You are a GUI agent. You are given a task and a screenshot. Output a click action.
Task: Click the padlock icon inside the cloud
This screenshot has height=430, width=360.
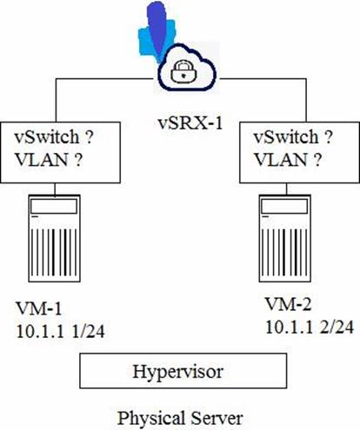(x=183, y=72)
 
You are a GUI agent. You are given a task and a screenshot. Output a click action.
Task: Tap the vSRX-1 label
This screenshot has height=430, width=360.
(x=190, y=123)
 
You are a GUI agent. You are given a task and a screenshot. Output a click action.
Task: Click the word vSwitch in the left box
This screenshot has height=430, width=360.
(x=47, y=136)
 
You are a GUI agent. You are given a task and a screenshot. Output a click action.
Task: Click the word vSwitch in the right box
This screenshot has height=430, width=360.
(x=286, y=136)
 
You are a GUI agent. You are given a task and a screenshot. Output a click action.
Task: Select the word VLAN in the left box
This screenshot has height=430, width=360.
(x=42, y=160)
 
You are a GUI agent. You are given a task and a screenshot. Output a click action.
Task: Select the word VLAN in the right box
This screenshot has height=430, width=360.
(x=281, y=160)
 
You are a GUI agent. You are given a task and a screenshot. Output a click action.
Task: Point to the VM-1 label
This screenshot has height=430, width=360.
(x=39, y=308)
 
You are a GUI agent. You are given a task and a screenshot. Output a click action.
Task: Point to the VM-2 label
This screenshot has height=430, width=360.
(x=289, y=305)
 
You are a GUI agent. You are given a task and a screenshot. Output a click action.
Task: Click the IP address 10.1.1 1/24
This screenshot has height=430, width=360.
(x=60, y=331)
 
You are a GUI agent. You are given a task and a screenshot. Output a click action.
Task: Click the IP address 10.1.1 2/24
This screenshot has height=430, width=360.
(x=310, y=327)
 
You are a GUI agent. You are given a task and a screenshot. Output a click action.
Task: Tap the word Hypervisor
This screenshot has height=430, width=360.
(x=178, y=372)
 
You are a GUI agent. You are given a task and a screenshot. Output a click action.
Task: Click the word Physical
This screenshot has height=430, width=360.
(x=151, y=419)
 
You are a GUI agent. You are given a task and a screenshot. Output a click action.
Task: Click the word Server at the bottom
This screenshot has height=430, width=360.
(x=217, y=418)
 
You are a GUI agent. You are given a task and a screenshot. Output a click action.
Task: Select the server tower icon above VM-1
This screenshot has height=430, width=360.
(x=54, y=238)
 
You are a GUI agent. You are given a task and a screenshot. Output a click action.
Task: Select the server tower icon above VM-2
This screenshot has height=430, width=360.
(x=285, y=238)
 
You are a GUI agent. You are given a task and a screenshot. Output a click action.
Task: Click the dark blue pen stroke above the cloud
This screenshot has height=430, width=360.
(x=157, y=29)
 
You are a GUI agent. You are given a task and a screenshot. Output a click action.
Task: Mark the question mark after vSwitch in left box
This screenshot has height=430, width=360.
(x=90, y=136)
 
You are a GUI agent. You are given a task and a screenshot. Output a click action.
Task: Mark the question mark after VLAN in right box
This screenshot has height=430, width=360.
(x=317, y=160)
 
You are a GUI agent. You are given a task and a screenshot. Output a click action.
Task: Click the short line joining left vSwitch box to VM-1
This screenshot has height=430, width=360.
(x=55, y=189)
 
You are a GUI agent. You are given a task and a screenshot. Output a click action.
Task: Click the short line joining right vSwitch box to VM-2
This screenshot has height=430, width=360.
(x=286, y=189)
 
